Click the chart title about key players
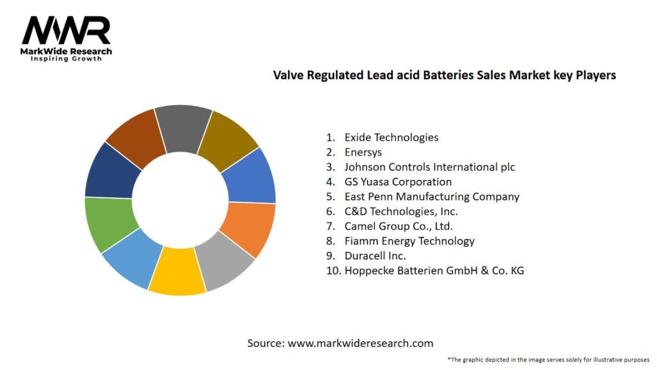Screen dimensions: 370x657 tap(444, 75)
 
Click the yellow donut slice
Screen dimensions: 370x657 tap(177, 272)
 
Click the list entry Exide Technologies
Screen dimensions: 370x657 tap(391, 137)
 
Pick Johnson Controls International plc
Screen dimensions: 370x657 tap(429, 166)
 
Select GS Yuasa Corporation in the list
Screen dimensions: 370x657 tap(398, 182)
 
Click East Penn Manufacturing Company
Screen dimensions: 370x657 tap(432, 197)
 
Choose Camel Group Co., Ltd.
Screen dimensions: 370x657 tap(398, 226)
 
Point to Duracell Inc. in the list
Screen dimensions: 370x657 tap(375, 256)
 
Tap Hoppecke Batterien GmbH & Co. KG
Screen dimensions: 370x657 tap(434, 270)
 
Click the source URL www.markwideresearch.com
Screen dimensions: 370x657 tap(360, 343)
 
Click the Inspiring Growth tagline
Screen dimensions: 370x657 tap(66, 60)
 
